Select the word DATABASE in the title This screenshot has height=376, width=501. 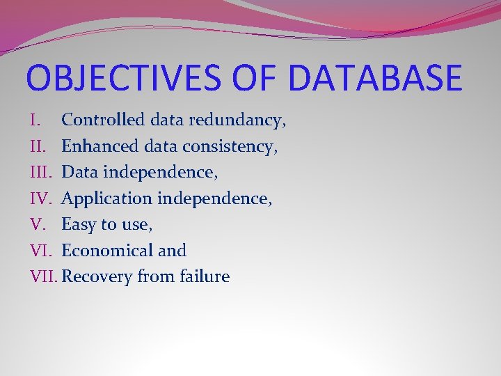374,77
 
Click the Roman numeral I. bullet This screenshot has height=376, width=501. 37,120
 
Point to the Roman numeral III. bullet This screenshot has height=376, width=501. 41,172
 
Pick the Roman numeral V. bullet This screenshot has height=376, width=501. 38,224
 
